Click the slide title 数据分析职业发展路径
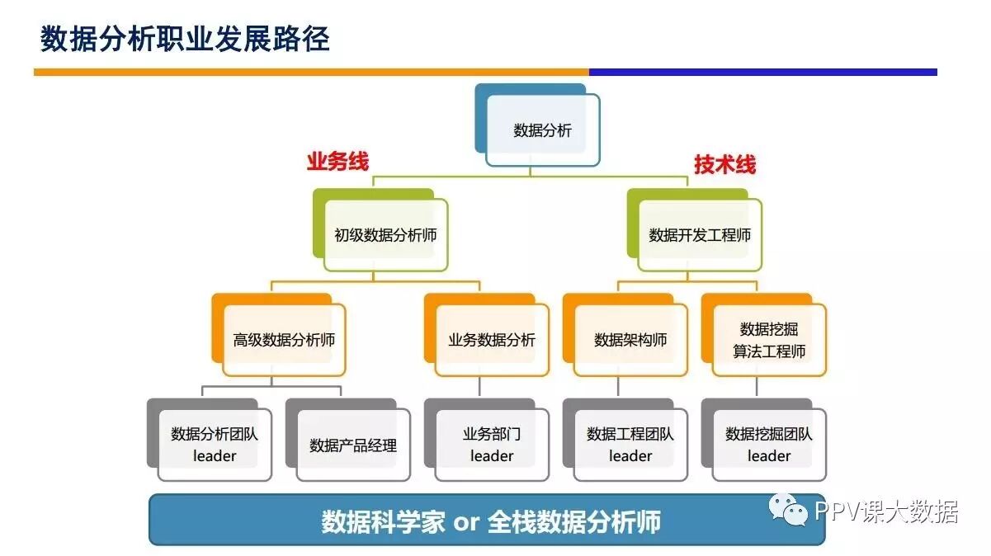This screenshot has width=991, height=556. click(x=185, y=39)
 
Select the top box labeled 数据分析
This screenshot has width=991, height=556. click(x=542, y=130)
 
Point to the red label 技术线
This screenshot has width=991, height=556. click(x=724, y=165)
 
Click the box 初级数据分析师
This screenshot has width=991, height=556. click(x=385, y=235)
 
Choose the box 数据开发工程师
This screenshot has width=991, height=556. click(x=700, y=235)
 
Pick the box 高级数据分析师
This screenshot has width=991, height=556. click(x=284, y=340)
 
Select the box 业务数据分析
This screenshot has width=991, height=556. click(x=492, y=340)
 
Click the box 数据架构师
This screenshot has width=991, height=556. click(x=630, y=340)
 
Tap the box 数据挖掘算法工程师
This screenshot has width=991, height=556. click(x=769, y=340)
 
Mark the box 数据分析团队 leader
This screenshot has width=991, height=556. click(x=215, y=445)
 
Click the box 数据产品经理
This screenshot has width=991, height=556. click(x=353, y=445)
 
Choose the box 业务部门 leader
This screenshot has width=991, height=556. click(x=492, y=445)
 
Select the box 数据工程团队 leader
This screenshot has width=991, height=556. click(x=630, y=445)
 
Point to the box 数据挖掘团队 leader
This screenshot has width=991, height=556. click(x=769, y=445)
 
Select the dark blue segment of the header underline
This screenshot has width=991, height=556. click(x=762, y=73)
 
